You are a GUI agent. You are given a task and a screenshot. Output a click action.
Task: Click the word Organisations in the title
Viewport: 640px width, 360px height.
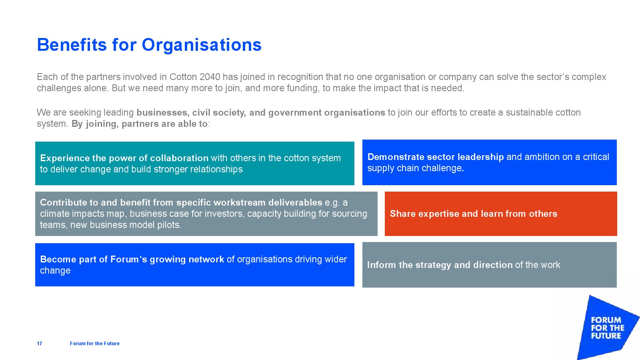[x=202, y=45]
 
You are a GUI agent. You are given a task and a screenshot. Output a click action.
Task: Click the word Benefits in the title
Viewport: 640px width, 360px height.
[x=72, y=44]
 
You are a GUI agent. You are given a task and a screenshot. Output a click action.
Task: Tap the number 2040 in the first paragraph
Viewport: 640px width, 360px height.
[x=210, y=77]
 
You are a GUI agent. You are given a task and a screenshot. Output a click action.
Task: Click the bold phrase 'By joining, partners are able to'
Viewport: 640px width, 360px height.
[x=140, y=124]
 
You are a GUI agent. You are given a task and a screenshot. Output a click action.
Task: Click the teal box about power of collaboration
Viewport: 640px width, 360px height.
[x=194, y=164]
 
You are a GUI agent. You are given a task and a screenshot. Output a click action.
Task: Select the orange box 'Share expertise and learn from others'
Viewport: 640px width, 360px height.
[x=501, y=214]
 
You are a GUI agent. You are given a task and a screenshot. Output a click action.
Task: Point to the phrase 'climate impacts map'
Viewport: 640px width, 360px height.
[x=82, y=214]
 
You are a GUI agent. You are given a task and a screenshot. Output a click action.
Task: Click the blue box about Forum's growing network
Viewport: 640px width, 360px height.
[x=194, y=265]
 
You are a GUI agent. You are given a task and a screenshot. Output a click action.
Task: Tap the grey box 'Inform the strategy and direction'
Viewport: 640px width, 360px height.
[x=490, y=265]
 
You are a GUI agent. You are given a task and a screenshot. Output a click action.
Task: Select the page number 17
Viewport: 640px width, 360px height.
[x=40, y=344]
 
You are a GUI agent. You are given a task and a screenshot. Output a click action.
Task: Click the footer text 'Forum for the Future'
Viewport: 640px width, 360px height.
[x=94, y=344]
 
